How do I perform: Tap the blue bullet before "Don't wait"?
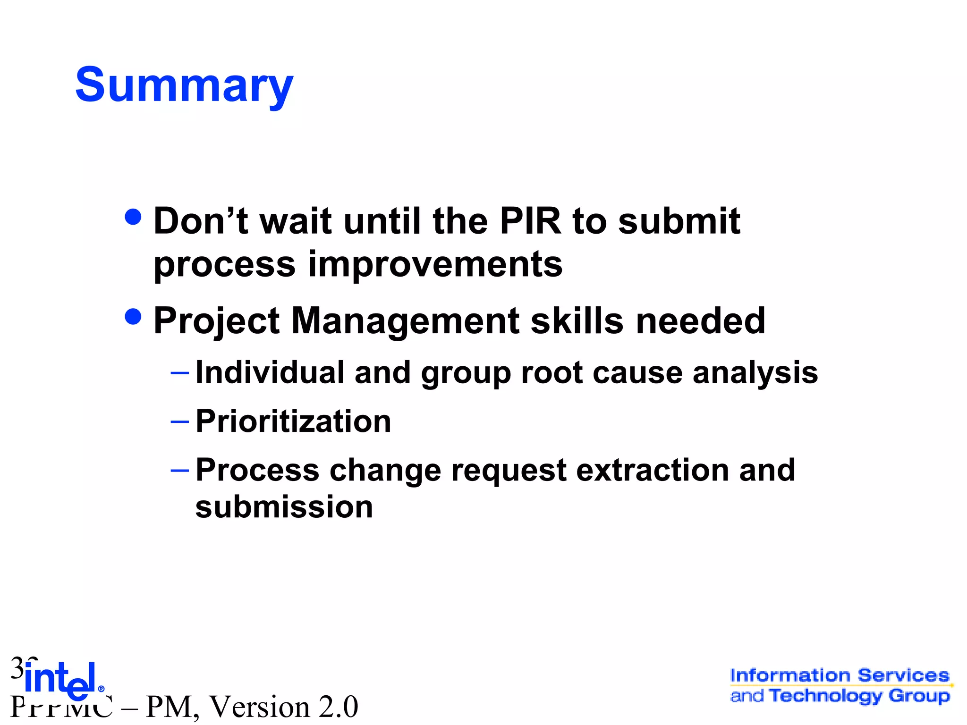(x=133, y=217)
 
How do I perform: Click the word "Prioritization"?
(x=293, y=421)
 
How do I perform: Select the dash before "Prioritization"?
(x=179, y=422)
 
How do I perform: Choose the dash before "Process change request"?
(x=179, y=471)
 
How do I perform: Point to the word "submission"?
(x=284, y=507)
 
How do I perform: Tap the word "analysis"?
(x=755, y=373)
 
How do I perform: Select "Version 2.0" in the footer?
(x=283, y=707)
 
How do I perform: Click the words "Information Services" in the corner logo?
(x=840, y=675)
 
